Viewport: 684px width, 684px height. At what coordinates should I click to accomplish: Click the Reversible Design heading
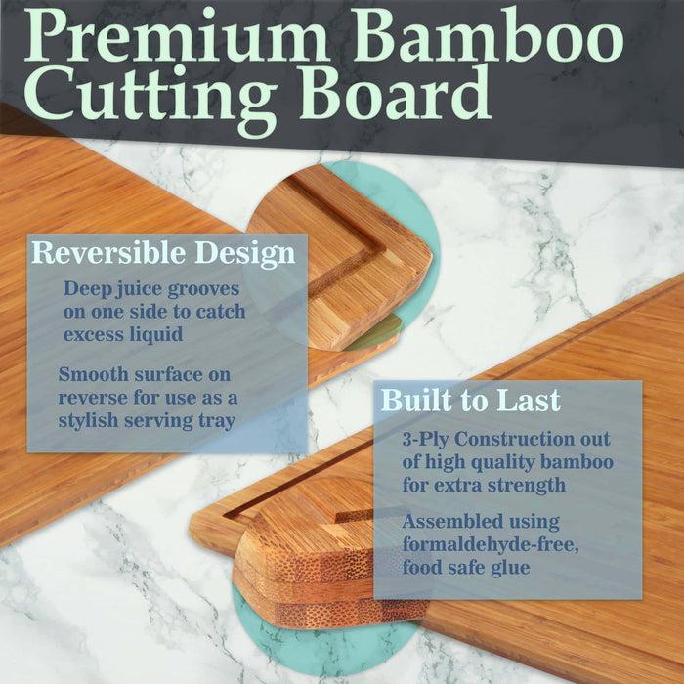click(x=163, y=254)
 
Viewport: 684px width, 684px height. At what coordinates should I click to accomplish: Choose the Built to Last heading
click(x=470, y=401)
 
